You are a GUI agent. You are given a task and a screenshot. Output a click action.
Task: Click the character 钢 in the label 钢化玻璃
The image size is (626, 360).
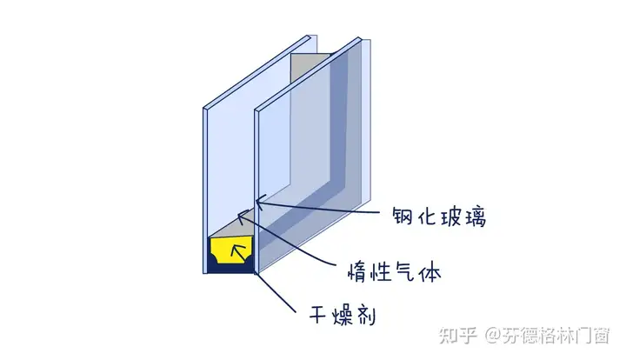tap(402, 217)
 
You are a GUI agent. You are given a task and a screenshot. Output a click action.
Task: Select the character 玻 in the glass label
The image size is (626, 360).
tap(451, 217)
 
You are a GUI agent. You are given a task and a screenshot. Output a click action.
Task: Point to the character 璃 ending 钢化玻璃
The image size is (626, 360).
tap(475, 217)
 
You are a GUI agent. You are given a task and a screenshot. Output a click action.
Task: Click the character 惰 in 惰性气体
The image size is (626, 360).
tap(357, 272)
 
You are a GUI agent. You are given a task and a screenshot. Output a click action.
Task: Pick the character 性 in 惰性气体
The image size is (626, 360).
tap(381, 272)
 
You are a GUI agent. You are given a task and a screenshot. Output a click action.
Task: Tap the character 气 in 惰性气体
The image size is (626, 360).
tap(405, 272)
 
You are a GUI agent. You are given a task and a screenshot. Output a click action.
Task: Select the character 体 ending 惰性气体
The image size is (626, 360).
tap(430, 272)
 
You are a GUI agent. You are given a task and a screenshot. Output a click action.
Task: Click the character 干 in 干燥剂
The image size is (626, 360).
tap(319, 315)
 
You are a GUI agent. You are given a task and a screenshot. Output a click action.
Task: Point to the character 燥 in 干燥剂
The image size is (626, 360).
tap(342, 315)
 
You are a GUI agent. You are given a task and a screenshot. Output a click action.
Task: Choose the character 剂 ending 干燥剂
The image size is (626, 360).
tap(365, 315)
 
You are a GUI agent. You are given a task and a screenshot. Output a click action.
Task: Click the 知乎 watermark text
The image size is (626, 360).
tap(458, 336)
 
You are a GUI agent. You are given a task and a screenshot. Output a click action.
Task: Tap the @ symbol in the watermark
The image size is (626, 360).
tap(494, 336)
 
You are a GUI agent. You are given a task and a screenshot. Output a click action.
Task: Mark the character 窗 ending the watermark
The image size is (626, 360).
tap(600, 336)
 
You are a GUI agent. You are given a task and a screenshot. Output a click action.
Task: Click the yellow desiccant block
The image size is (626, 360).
tap(231, 250)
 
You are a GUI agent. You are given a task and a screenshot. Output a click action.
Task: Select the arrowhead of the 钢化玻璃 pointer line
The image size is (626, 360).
tap(258, 201)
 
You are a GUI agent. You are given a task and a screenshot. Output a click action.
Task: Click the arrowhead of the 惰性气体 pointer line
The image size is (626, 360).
tap(241, 217)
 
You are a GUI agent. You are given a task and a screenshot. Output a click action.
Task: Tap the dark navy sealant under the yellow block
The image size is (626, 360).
tap(230, 268)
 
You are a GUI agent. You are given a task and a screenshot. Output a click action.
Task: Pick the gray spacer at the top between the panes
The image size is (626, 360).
tap(310, 66)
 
